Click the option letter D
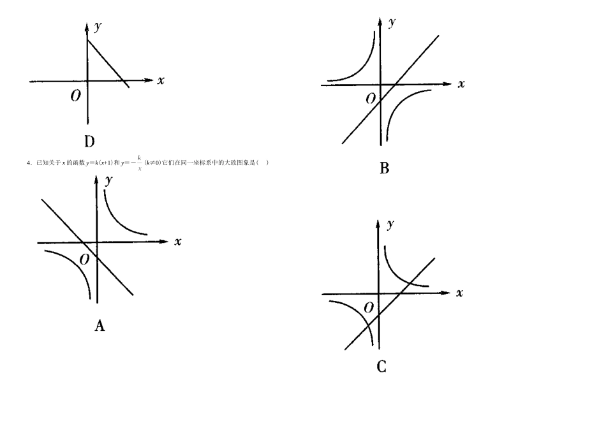click(89, 142)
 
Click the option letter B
click(384, 168)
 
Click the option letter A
click(100, 326)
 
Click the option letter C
click(381, 367)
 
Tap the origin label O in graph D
click(75, 96)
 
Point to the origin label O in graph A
click(84, 259)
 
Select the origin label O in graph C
click(368, 308)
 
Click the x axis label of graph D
click(161, 80)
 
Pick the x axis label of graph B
click(461, 84)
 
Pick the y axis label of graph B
click(392, 22)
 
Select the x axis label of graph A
click(178, 242)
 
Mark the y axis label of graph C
click(389, 224)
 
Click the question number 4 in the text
click(28, 163)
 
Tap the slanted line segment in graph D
click(108, 64)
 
